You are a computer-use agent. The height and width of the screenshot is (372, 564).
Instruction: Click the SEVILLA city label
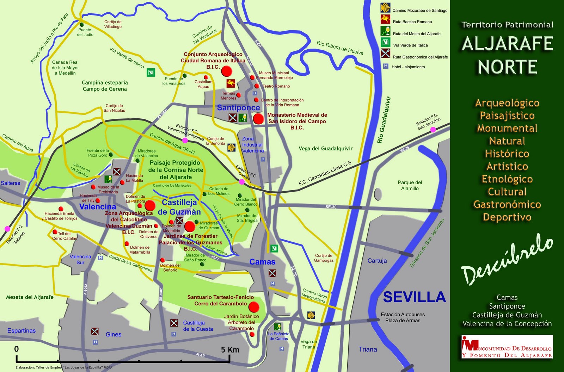414,297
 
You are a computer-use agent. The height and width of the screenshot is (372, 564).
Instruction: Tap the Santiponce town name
238,108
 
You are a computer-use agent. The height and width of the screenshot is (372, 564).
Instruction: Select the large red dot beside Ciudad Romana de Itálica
227,71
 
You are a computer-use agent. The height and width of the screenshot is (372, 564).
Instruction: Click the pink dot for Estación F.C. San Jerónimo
433,130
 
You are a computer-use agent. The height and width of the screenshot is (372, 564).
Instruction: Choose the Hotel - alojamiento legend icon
386,66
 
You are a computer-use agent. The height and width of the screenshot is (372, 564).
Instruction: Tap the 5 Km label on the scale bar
230,350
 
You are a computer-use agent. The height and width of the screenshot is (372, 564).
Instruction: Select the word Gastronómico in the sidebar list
507,204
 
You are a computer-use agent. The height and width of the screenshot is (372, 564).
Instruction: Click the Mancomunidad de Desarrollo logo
507,347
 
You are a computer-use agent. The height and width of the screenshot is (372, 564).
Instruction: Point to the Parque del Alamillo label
410,185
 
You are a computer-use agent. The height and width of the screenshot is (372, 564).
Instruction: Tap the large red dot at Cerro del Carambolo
253,307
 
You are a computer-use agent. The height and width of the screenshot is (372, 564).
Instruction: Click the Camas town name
262,262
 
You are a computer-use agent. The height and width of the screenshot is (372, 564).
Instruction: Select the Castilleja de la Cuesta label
198,326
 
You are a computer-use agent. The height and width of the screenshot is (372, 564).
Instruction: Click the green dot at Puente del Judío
82,25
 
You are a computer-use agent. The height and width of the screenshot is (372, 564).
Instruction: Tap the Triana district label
368,349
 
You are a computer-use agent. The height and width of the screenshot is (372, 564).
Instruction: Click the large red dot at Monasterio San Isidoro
258,119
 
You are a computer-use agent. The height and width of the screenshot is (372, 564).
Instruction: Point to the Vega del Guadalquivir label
325,149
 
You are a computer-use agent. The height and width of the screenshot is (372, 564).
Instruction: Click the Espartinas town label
22,331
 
